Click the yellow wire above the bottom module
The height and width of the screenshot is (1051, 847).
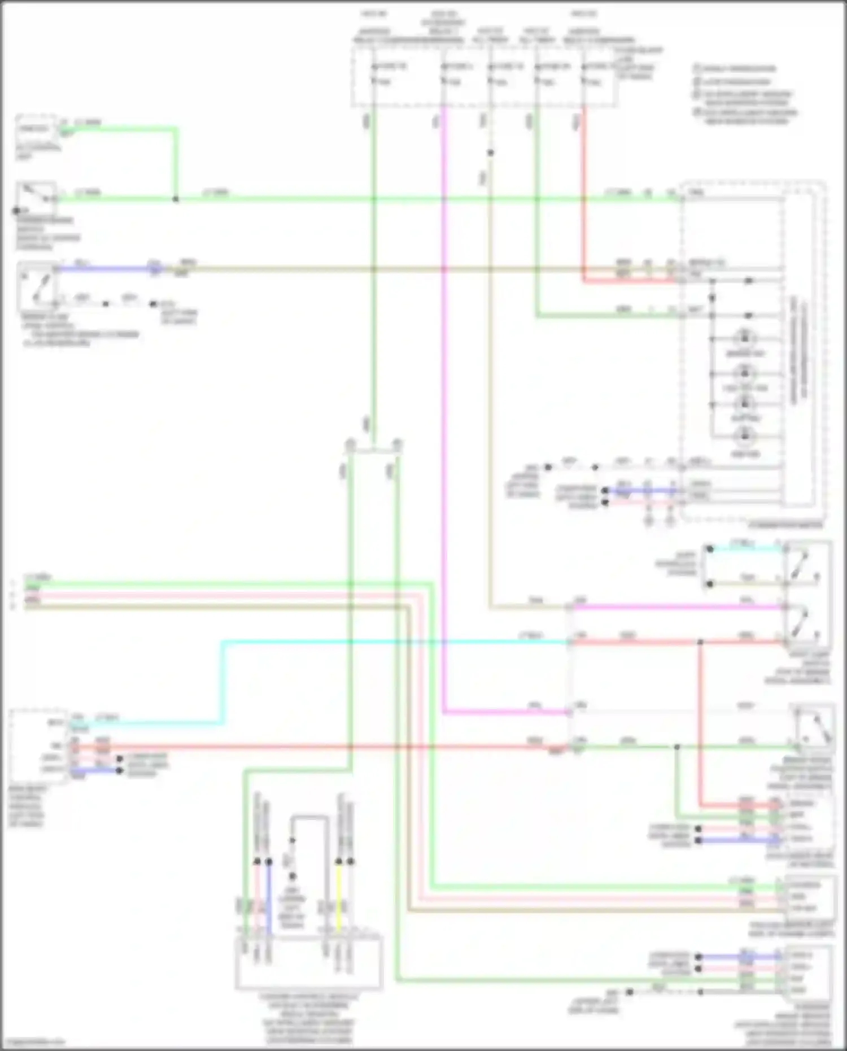339,898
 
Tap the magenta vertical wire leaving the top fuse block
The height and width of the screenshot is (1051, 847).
444,395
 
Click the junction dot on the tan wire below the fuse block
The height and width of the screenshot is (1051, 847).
491,153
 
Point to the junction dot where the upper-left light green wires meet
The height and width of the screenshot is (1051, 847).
176,199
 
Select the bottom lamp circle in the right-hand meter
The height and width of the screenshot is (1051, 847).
744,436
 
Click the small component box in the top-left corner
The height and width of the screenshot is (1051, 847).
35,129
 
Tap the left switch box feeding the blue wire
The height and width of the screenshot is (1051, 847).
37,282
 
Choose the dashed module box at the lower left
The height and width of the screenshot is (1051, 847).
38,745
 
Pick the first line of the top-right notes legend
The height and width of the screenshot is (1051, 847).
737,69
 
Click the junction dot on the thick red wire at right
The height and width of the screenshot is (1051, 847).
700,642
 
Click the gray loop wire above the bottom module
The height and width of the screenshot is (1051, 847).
309,817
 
